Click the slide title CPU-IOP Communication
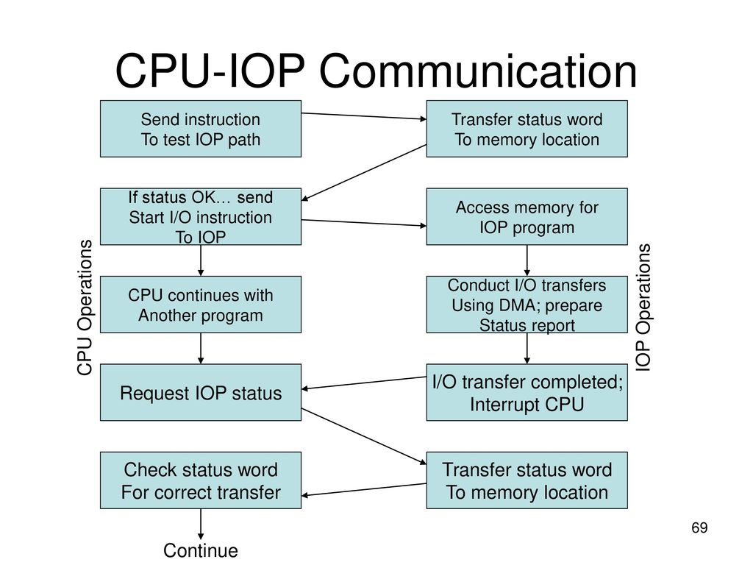coord(376,72)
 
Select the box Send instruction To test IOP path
coord(201,129)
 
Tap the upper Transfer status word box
coord(527,129)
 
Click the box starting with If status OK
coord(201,216)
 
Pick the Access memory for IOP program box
coord(527,216)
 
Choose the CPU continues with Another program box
coord(201,305)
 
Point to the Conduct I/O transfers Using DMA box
coord(527,305)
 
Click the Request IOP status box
coord(201,392)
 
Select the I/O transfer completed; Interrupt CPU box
coord(527,392)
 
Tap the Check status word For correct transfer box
coord(201,480)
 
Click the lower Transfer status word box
coord(527,480)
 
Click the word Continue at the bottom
coord(201,550)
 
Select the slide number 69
coord(699,528)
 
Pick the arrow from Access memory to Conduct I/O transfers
coord(527,260)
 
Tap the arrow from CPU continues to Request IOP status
coord(201,347)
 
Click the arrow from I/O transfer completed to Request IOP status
coord(364,383)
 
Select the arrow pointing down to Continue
coord(201,525)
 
